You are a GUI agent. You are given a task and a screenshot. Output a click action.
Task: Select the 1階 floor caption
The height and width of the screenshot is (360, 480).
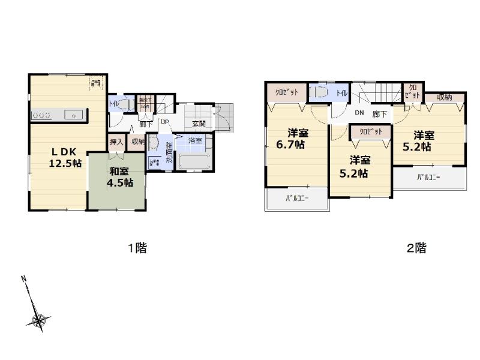coord(137,248)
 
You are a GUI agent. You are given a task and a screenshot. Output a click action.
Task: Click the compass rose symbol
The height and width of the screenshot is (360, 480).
coord(40,321)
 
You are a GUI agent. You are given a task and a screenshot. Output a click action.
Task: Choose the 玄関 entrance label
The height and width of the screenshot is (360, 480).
coord(199,124)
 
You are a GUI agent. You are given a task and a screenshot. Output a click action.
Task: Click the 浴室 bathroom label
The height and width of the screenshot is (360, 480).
coord(195,140)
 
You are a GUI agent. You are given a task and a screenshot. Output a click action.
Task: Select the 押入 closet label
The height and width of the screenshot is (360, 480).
coord(116,142)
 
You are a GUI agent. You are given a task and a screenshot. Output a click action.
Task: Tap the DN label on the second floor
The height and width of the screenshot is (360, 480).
coord(359,113)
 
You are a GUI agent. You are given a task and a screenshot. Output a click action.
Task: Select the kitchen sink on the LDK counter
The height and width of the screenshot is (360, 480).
coord(72,114)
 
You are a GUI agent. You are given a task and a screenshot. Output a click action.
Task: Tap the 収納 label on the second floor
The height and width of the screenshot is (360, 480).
coord(445,97)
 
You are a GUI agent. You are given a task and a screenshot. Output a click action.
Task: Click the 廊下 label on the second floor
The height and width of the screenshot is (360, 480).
coord(379,114)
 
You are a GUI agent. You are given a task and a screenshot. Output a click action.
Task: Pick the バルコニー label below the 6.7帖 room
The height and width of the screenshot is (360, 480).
coord(296,199)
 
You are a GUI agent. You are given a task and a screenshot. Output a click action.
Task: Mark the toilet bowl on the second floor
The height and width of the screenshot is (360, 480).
coord(318,93)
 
